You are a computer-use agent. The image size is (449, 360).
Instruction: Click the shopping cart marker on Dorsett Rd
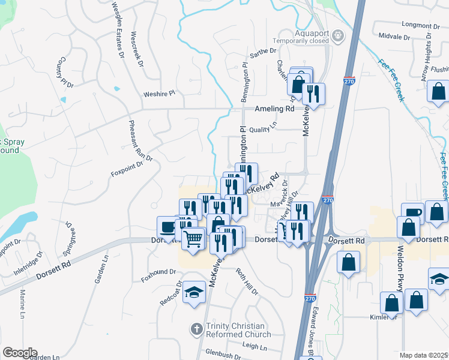point(193,238)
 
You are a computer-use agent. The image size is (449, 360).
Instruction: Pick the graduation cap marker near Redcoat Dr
point(194,292)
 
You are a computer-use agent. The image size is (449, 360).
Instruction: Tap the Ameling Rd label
point(274,109)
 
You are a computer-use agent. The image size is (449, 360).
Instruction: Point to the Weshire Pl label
point(158,94)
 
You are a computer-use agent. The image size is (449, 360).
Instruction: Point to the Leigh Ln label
point(255,346)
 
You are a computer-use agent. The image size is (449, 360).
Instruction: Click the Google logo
point(20,352)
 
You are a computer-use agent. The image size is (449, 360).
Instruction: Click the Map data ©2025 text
point(424,355)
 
